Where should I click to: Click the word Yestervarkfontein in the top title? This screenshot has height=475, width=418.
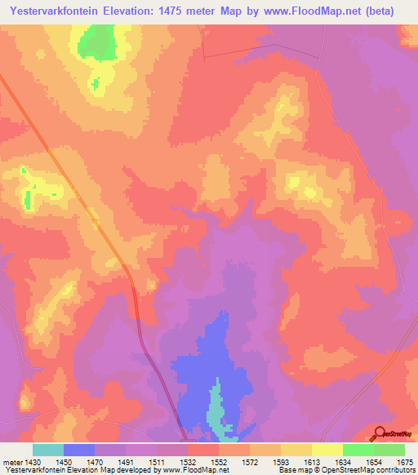[58, 11]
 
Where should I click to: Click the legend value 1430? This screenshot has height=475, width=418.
[33, 463]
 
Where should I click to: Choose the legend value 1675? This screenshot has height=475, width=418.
[404, 463]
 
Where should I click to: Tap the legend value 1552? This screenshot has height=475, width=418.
[219, 463]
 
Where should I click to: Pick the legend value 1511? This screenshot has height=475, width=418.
[157, 463]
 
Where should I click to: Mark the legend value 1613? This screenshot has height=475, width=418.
[312, 463]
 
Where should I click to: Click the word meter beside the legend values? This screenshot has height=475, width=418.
[12, 463]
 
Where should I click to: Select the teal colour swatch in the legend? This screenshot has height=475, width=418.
[48, 450]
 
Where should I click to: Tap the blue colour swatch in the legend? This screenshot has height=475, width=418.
[79, 450]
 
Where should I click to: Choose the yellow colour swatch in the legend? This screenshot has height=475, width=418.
[327, 450]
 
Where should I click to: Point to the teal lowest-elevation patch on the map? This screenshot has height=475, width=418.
[216, 412]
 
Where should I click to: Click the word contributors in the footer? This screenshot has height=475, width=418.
[393, 471]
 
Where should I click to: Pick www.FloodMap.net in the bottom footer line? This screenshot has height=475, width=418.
[193, 471]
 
